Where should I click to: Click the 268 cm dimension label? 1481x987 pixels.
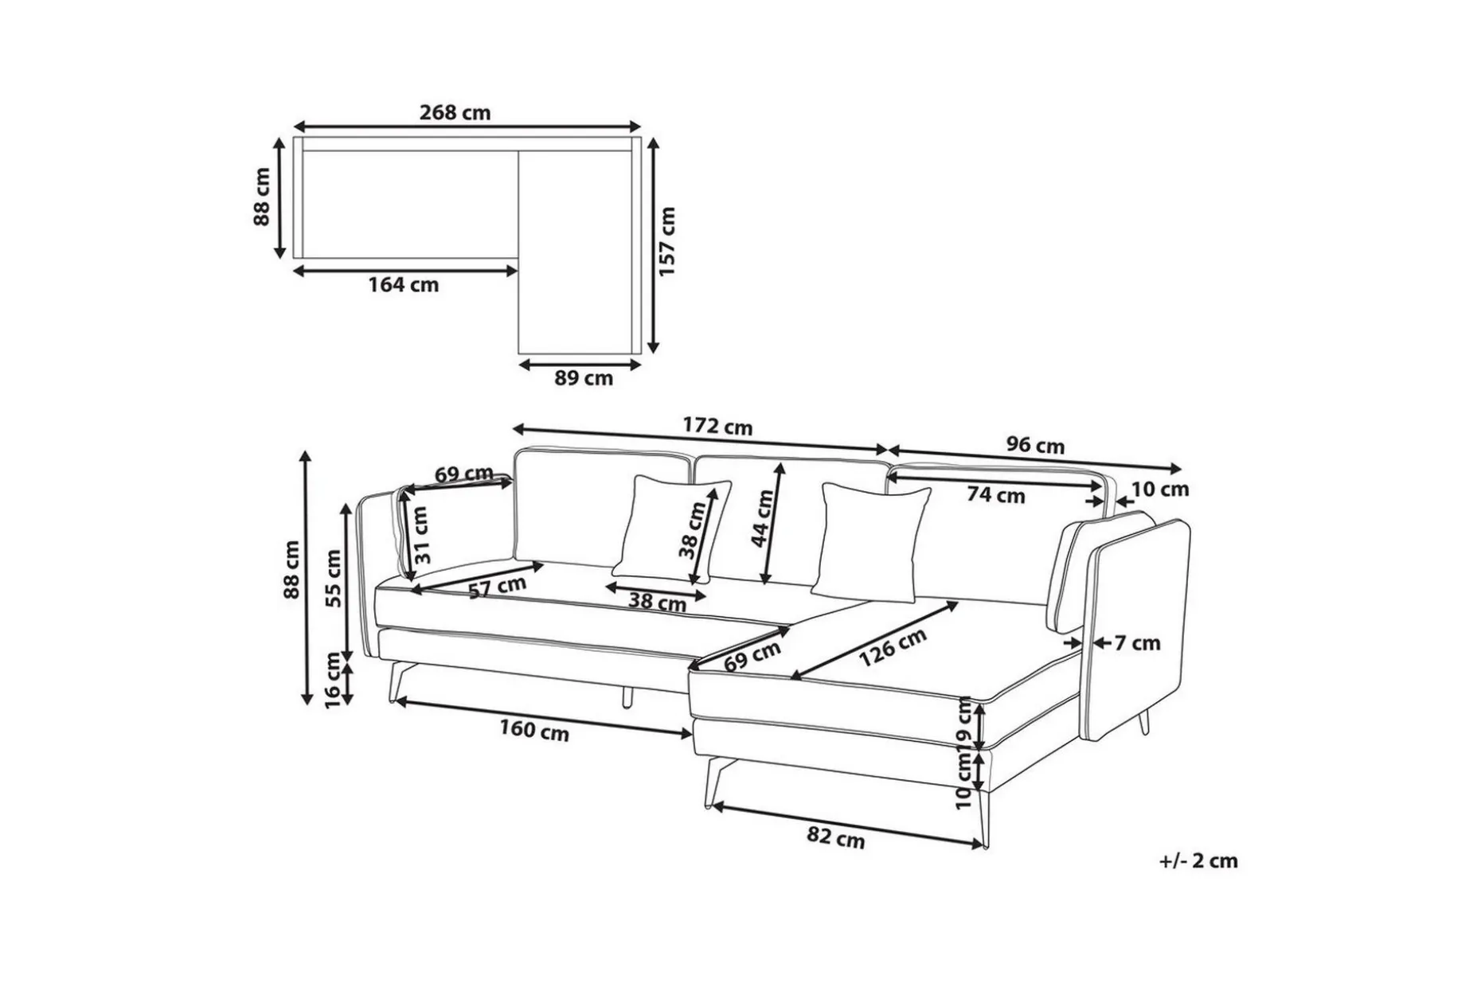tap(455, 113)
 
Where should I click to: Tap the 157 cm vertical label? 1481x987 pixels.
tap(667, 241)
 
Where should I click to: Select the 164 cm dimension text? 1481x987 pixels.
tap(403, 284)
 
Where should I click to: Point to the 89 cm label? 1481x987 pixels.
tap(584, 378)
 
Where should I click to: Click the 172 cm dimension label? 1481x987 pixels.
tap(717, 427)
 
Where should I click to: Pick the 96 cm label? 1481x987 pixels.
tap(1034, 446)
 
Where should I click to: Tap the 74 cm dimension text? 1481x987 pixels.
tap(996, 495)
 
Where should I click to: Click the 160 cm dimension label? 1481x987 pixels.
tap(534, 731)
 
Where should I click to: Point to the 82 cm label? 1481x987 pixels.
tap(835, 838)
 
